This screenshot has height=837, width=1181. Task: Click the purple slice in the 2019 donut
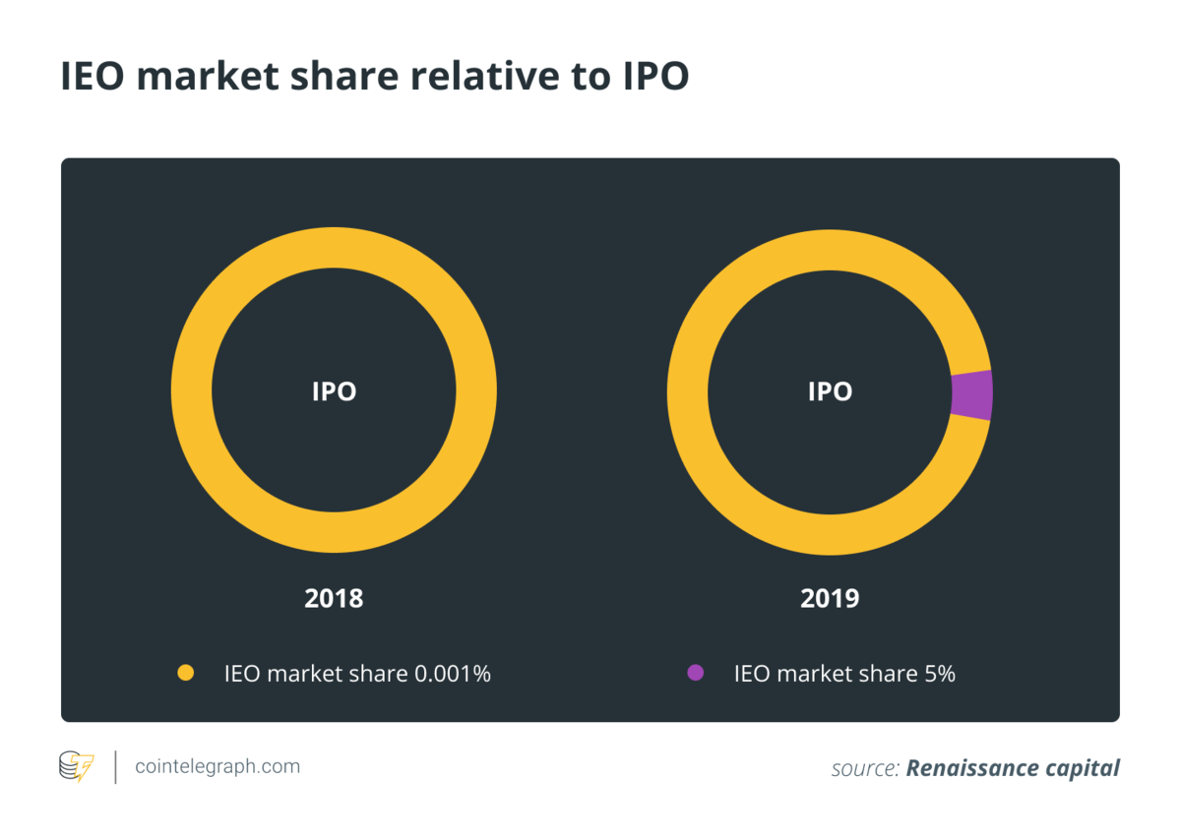pyautogui.click(x=972, y=395)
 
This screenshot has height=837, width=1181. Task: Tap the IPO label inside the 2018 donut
pyautogui.click(x=334, y=391)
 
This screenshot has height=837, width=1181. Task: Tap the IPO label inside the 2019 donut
pyautogui.click(x=830, y=391)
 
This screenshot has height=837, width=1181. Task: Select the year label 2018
pyautogui.click(x=334, y=598)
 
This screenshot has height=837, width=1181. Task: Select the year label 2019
pyautogui.click(x=830, y=598)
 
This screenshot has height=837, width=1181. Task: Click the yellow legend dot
pyautogui.click(x=185, y=674)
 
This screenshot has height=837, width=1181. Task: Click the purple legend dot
pyautogui.click(x=695, y=674)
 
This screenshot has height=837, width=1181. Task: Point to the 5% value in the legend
pyautogui.click(x=938, y=675)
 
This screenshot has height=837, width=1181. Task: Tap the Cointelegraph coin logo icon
pyautogui.click(x=77, y=766)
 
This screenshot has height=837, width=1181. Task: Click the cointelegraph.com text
pyautogui.click(x=218, y=766)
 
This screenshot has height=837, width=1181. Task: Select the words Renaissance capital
pyautogui.click(x=1013, y=768)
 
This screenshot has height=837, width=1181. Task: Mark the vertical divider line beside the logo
pyautogui.click(x=116, y=766)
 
